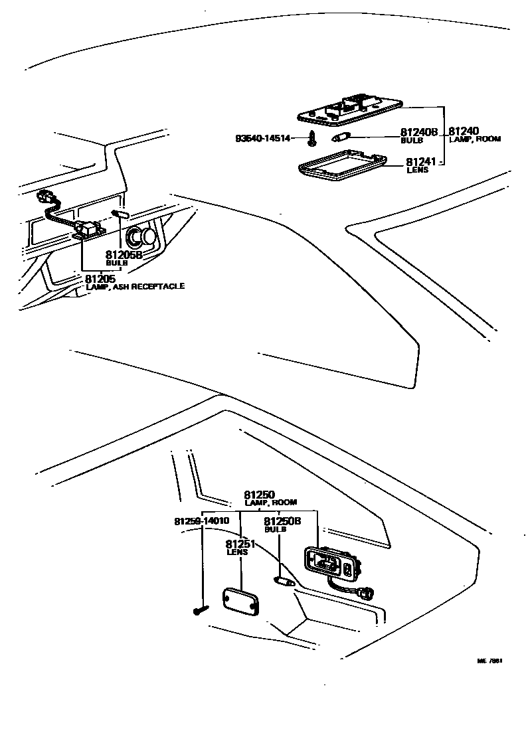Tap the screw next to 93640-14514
point(311,139)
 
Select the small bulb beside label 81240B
point(340,138)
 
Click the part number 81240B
point(418,133)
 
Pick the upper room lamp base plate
point(349,110)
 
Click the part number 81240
point(464,131)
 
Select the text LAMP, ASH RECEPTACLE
point(135,286)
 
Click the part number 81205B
point(124,254)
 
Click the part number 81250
point(259,495)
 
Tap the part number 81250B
point(282,522)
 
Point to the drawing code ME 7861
point(489,661)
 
